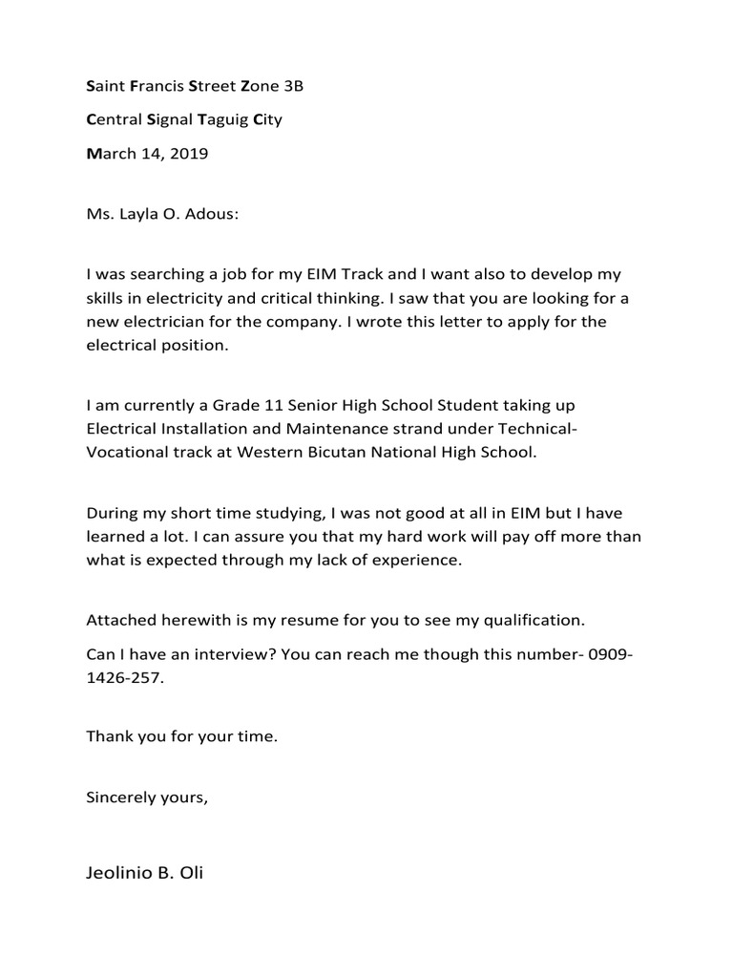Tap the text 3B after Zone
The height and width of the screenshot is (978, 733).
[x=293, y=87]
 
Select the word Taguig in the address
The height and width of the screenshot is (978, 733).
[x=222, y=120]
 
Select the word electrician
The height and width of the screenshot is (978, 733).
[x=165, y=322]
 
